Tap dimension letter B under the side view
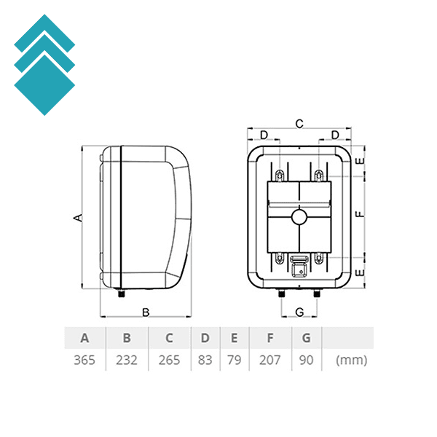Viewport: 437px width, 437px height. pyautogui.click(x=145, y=312)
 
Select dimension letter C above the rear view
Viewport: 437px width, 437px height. pyautogui.click(x=299, y=124)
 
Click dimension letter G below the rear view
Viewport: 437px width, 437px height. pyautogui.click(x=299, y=312)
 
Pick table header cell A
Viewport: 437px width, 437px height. pyautogui.click(x=84, y=338)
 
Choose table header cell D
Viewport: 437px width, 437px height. pyautogui.click(x=205, y=338)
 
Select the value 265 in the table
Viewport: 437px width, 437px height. pyautogui.click(x=170, y=360)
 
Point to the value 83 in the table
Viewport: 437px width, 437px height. pyautogui.click(x=205, y=360)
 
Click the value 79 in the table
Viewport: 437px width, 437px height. pyautogui.click(x=234, y=360)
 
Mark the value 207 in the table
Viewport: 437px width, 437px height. pyautogui.click(x=270, y=360)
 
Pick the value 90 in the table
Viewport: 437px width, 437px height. pyautogui.click(x=307, y=360)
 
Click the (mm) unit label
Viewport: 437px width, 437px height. pyautogui.click(x=351, y=360)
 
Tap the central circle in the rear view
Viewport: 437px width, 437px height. pyautogui.click(x=299, y=216)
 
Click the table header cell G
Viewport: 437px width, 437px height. pyautogui.click(x=307, y=338)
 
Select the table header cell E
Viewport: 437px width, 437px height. pyautogui.click(x=234, y=338)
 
